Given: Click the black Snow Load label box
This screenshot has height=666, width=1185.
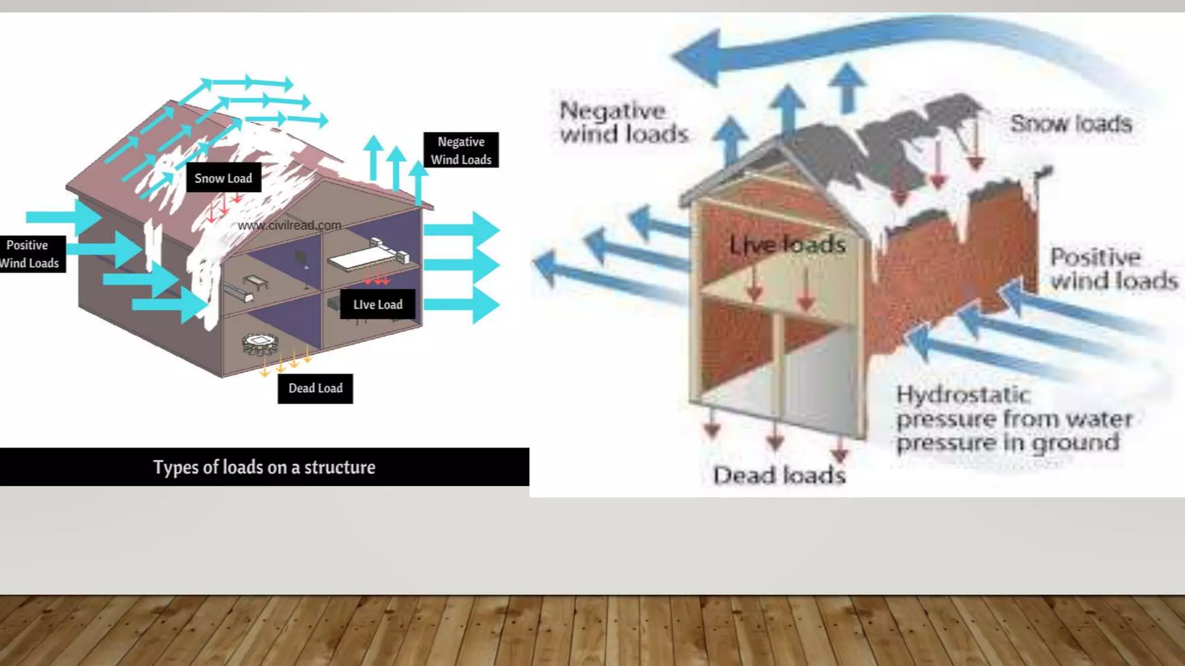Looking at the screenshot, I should point(223,178).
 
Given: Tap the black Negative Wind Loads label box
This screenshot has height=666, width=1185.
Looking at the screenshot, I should point(461,150).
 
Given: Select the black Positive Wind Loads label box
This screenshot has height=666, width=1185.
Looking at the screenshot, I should point(30,254).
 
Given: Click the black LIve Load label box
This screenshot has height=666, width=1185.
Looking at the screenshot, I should point(377,305).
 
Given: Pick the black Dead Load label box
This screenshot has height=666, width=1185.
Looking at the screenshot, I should point(315,388).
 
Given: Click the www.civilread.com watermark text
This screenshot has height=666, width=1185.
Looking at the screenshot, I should point(289,225).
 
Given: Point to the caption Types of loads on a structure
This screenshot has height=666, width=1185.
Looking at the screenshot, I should point(264,467).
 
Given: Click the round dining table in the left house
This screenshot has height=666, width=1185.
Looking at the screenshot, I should point(260,343).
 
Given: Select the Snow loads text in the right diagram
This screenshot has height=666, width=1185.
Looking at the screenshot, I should point(1070,124).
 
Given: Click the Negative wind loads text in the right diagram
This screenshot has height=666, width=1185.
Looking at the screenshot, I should point(624,123).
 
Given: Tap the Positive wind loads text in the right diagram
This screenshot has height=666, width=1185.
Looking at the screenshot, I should point(1113,269).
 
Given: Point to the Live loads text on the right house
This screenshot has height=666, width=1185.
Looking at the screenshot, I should point(787,245).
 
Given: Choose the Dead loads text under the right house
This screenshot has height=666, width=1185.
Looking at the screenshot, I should point(779,475).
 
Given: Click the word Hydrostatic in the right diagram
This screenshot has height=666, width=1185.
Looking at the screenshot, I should point(963,395).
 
